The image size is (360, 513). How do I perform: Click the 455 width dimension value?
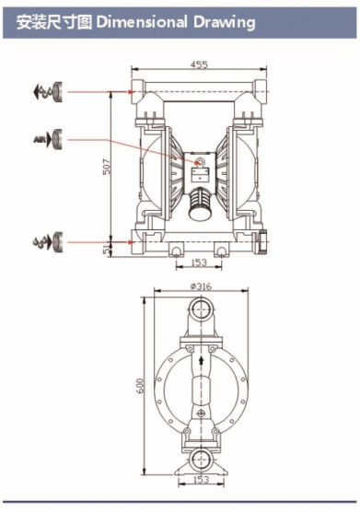point(199,64)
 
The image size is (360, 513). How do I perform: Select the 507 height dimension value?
point(107,167)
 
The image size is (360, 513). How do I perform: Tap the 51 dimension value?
point(106,251)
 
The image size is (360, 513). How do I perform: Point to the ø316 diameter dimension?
point(201,286)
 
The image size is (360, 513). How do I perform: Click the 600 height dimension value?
point(140,386)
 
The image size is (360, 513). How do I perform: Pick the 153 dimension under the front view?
point(199,262)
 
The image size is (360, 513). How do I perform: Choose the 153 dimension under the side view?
point(201,479)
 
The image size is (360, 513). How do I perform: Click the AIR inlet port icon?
point(48,139)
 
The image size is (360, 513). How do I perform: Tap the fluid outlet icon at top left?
point(48,91)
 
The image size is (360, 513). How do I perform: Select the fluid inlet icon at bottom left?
point(47,242)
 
